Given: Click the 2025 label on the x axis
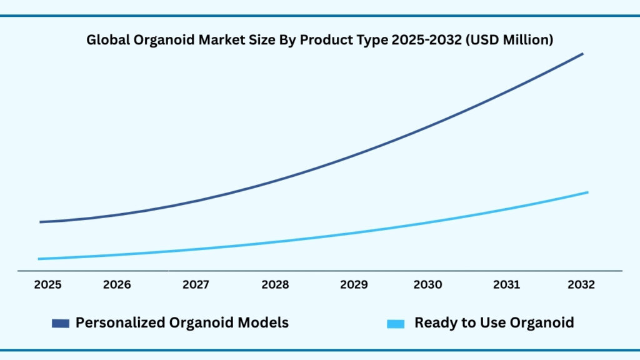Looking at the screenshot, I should pyautogui.click(x=47, y=285).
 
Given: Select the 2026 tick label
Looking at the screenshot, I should pyautogui.click(x=117, y=285).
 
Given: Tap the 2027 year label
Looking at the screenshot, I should pyautogui.click(x=196, y=285).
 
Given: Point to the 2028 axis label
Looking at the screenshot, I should pyautogui.click(x=275, y=285).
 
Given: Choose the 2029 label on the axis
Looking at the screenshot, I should pyautogui.click(x=354, y=285).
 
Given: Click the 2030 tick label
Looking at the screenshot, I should pyautogui.click(x=427, y=285).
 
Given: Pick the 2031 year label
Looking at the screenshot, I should pyautogui.click(x=506, y=285).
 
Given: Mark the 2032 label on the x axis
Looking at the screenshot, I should pyautogui.click(x=581, y=285).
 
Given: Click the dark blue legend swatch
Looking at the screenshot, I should pyautogui.click(x=60, y=323).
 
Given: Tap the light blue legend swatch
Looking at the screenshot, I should pyautogui.click(x=396, y=323).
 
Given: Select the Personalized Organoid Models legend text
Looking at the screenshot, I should pyautogui.click(x=182, y=322).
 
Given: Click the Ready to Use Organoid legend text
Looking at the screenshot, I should pyautogui.click(x=494, y=322).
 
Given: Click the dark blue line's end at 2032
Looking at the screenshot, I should pyautogui.click(x=582, y=54).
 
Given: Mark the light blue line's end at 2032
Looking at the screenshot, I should pyautogui.click(x=587, y=192).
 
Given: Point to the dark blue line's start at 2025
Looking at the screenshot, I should pyautogui.click(x=41, y=222).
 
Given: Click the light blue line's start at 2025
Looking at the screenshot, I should pyautogui.click(x=39, y=259).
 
